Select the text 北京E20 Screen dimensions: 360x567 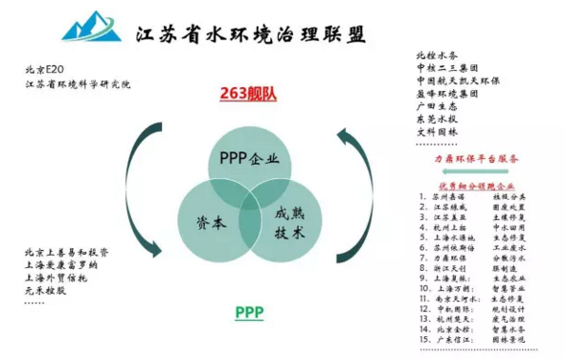(48, 70)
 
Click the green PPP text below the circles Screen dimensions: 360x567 (248, 313)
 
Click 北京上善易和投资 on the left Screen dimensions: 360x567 (67, 253)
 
